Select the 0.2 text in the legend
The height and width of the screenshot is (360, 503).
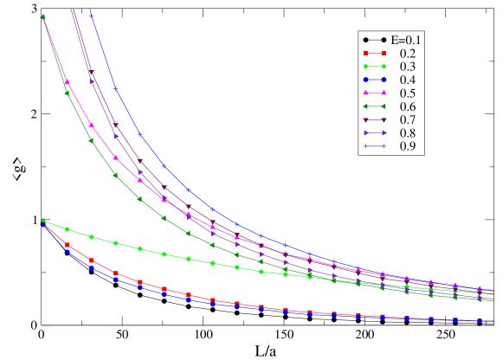tap(407, 54)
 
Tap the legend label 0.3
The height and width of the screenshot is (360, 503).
tap(407, 67)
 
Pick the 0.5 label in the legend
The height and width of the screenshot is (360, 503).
tap(407, 93)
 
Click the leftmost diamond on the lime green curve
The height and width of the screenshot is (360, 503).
tap(42, 220)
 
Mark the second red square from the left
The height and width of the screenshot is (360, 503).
tap(67, 246)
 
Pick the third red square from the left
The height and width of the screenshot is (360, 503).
tap(91, 260)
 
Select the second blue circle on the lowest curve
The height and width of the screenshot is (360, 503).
tap(67, 252)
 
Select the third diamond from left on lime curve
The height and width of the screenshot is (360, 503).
tap(91, 236)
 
